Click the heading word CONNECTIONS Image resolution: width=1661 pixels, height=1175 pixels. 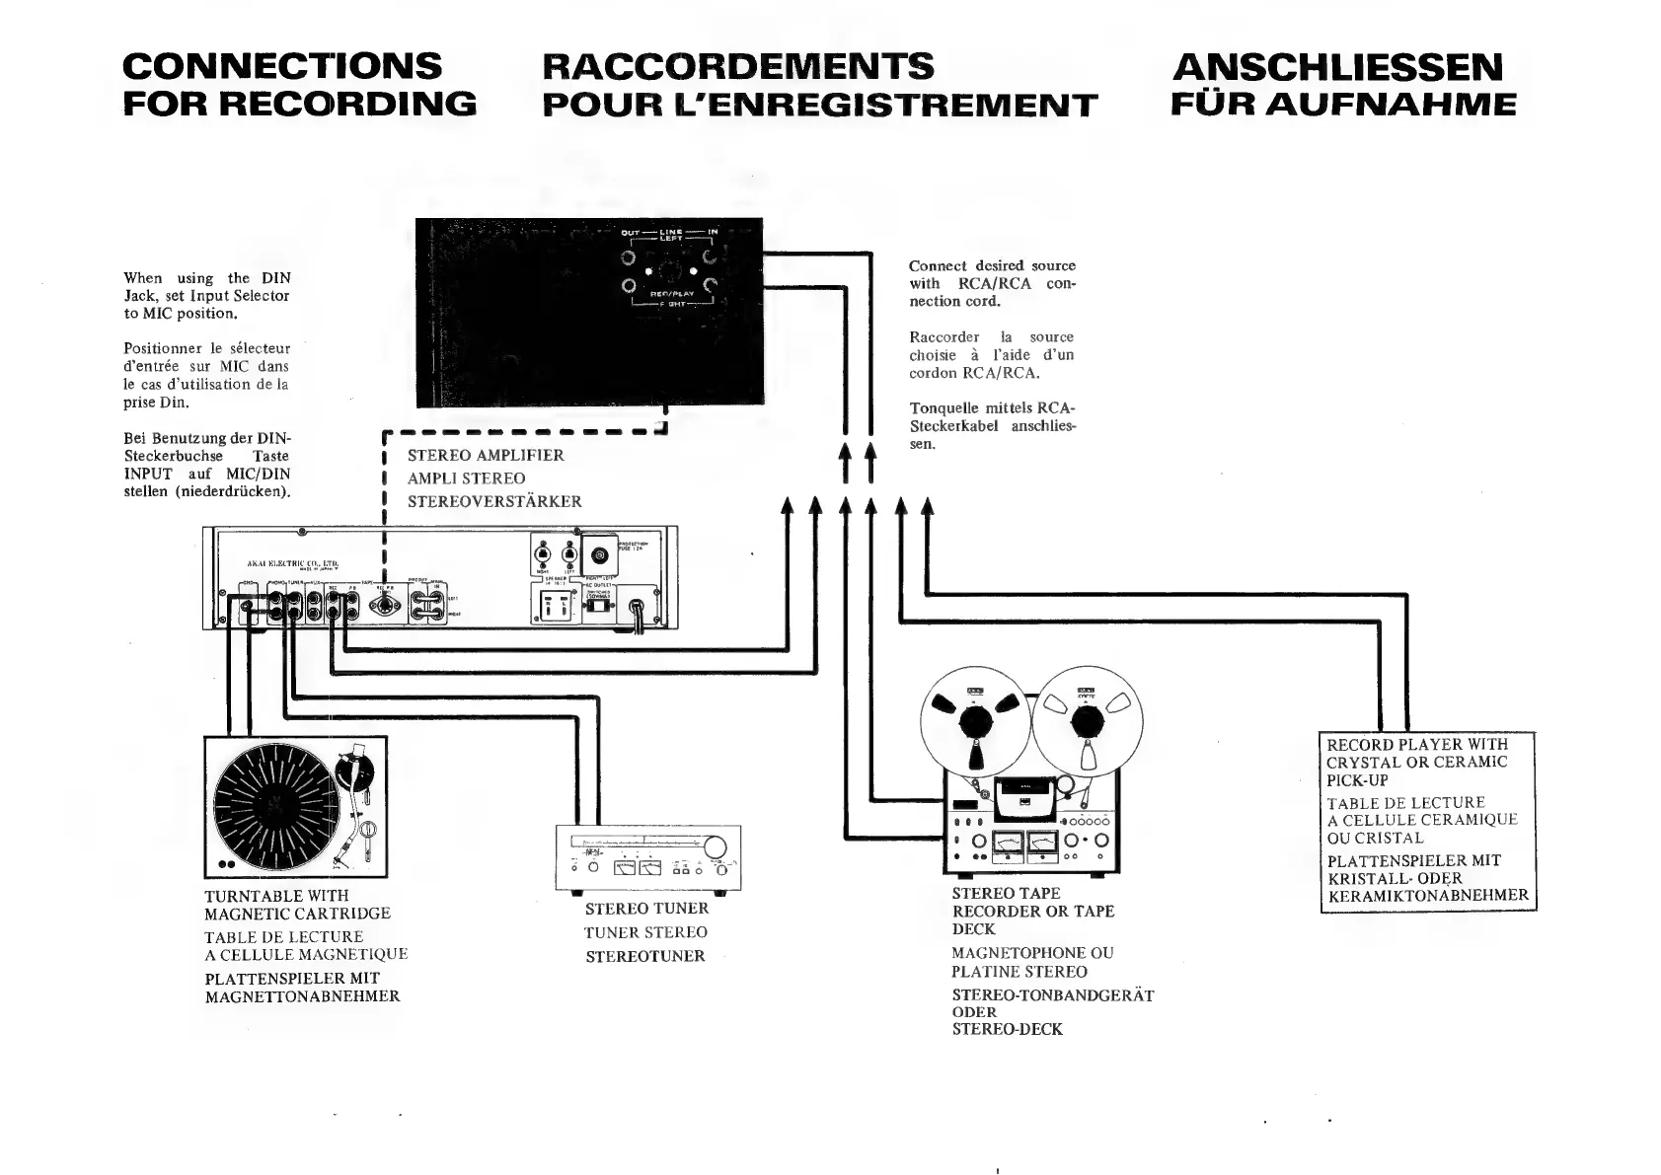pyautogui.click(x=282, y=66)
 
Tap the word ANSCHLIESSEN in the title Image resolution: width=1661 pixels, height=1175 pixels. pyautogui.click(x=1338, y=67)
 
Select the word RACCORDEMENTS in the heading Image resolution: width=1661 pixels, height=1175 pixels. pyautogui.click(x=737, y=66)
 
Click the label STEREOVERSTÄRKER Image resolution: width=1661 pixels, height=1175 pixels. pyautogui.click(x=494, y=501)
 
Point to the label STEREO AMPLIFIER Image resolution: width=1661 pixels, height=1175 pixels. pyautogui.click(x=486, y=455)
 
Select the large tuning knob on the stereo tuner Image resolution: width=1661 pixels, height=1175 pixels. pyautogui.click(x=715, y=846)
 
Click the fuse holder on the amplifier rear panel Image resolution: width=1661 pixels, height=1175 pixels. pyautogui.click(x=598, y=551)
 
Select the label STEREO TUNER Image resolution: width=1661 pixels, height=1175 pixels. pyautogui.click(x=646, y=909)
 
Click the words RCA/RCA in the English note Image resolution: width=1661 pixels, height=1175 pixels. pyautogui.click(x=994, y=283)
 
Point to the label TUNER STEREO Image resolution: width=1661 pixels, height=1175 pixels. pyautogui.click(x=645, y=932)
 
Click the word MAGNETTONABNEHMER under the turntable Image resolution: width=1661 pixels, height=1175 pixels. pyautogui.click(x=302, y=996)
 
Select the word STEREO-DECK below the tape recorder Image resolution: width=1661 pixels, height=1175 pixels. pyautogui.click(x=1007, y=1029)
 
